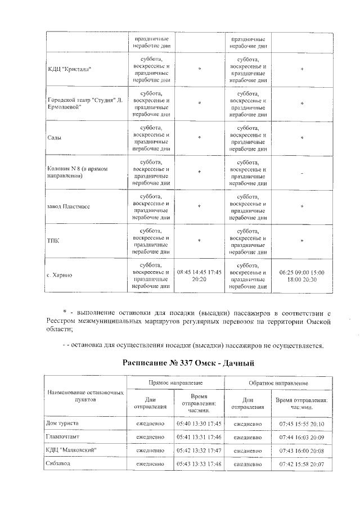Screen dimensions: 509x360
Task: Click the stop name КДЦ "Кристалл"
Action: tap(69, 69)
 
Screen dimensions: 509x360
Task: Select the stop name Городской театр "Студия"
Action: tap(84, 103)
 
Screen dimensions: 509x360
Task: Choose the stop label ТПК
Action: tap(52, 241)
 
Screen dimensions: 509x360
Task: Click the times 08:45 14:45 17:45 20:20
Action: tap(199, 276)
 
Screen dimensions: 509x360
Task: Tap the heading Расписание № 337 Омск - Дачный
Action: tap(189, 363)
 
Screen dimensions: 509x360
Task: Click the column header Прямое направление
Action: tap(175, 382)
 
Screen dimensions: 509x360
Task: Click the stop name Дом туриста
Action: tap(62, 422)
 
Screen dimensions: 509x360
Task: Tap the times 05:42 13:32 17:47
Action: tap(199, 449)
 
